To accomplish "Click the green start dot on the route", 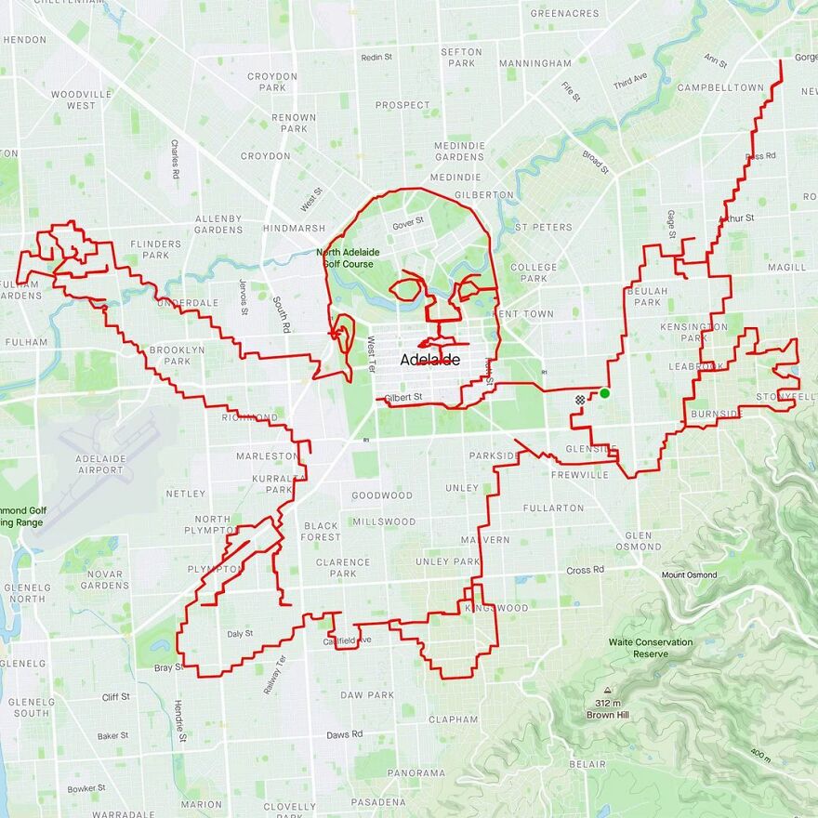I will coord(604,393).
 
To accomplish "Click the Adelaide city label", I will coord(429,360).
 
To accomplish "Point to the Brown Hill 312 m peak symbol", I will coord(607,691).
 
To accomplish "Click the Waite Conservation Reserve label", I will coord(651,648).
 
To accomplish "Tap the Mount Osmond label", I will coord(689,575).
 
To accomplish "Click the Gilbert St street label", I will coord(404,397).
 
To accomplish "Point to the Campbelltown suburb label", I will coord(720,87).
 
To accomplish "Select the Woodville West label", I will coord(81,99).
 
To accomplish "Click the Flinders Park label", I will coord(156,249).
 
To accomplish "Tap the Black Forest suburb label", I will coord(321,532).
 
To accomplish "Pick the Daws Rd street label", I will coord(344,734).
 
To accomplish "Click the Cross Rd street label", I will coord(585,570).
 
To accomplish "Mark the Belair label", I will coord(588,764).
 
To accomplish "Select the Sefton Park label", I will coord(461,58).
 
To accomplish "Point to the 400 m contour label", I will coord(760,754).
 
